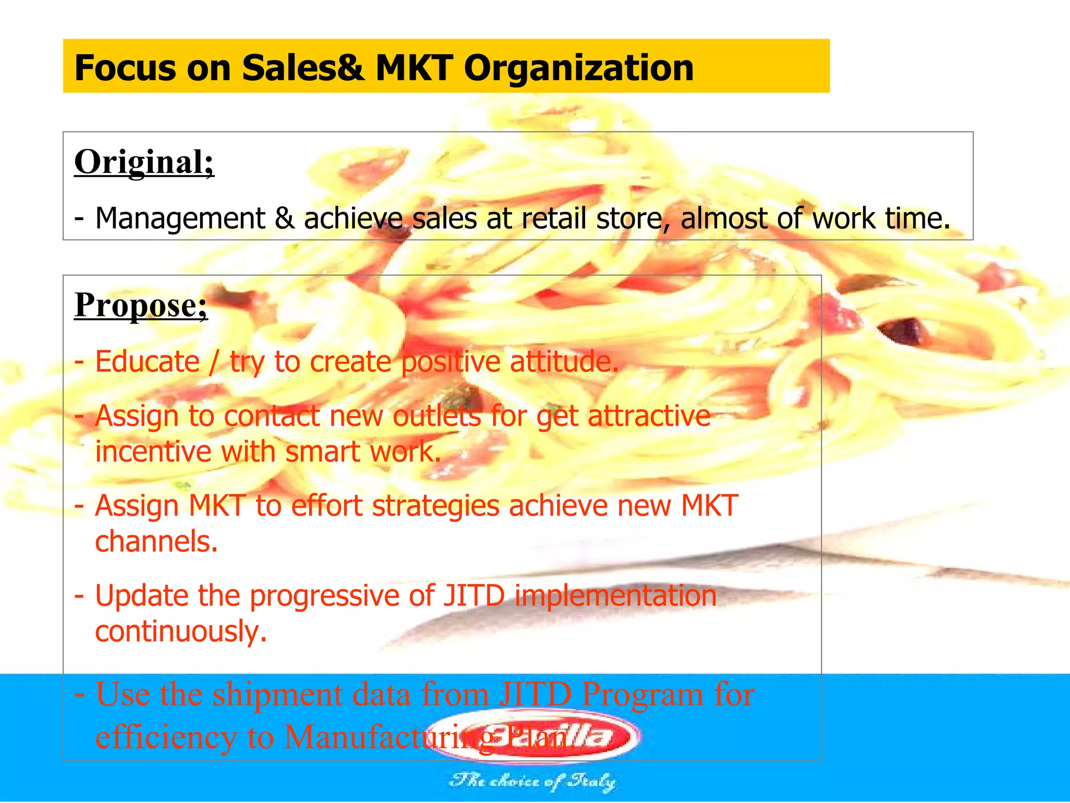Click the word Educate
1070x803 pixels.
pos(147,362)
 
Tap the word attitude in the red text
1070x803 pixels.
pos(564,362)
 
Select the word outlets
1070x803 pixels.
pos(434,417)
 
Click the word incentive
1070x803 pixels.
pos(154,452)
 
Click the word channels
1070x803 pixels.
pos(156,542)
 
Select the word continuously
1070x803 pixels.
pos(181,632)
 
